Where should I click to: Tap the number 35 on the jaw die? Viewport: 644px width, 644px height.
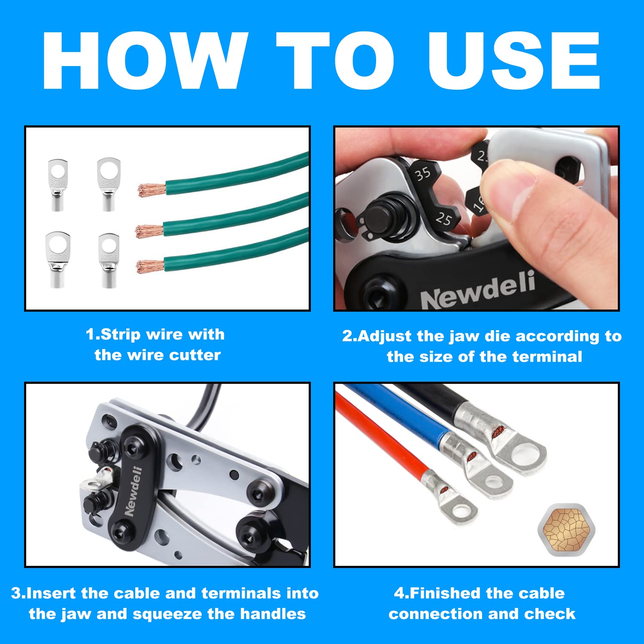(x=422, y=174)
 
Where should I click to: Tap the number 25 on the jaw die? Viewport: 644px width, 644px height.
(x=444, y=219)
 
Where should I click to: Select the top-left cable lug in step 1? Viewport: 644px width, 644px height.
(x=57, y=185)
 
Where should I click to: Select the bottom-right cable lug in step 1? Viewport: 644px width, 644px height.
(x=109, y=260)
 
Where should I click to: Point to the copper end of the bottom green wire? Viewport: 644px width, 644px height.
(x=149, y=266)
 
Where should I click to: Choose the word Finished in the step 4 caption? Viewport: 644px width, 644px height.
(x=444, y=593)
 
